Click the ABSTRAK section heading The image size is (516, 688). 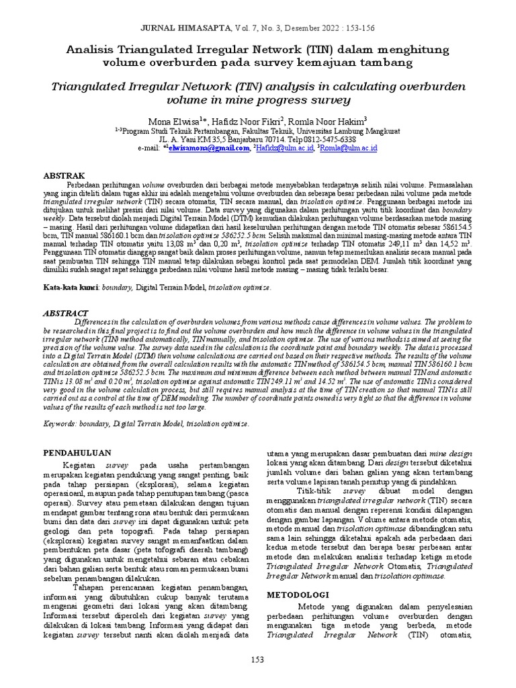click(64, 175)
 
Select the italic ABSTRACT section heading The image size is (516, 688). click(66, 313)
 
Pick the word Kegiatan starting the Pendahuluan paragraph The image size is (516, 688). click(81, 464)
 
